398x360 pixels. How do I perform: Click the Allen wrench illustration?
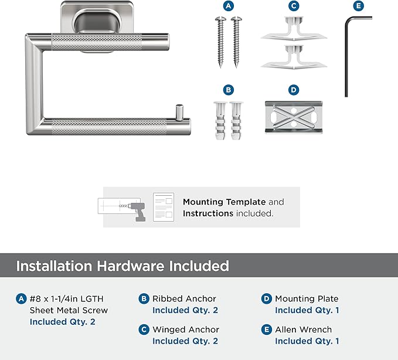click(346, 59)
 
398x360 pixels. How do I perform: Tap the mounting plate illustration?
click(294, 117)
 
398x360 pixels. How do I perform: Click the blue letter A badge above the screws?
click(228, 6)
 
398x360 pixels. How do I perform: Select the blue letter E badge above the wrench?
click(358, 6)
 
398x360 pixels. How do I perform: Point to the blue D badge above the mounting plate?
click(294, 90)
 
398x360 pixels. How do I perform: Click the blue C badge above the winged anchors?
click(294, 6)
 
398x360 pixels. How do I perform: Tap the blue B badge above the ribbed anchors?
click(228, 90)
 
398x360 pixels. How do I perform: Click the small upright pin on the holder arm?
click(179, 112)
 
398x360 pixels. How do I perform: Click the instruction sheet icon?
click(164, 207)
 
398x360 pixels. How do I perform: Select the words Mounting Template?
click(224, 202)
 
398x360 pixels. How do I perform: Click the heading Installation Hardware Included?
click(123, 266)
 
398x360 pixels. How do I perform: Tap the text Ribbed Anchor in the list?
click(184, 298)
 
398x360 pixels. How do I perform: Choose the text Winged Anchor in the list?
click(186, 330)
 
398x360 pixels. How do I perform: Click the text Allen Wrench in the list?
click(303, 330)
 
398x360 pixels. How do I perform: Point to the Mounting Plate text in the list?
click(307, 299)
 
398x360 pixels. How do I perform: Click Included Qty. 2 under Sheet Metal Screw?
click(63, 322)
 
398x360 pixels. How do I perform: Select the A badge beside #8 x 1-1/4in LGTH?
click(21, 298)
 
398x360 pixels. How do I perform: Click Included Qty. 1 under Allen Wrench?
click(307, 341)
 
